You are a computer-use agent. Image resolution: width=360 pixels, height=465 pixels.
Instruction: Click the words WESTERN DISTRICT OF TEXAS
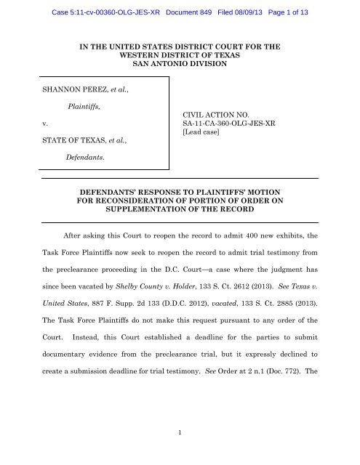point(179,54)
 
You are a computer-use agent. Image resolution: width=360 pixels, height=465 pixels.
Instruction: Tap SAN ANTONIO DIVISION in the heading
point(179,65)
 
